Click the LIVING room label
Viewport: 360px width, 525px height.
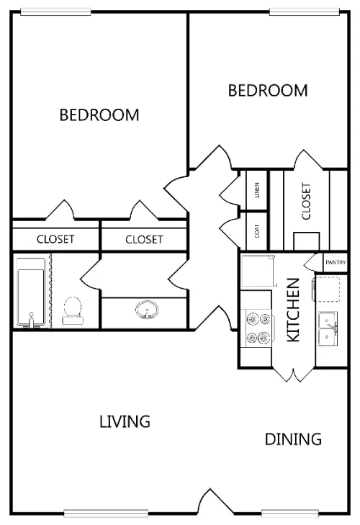[x=125, y=421]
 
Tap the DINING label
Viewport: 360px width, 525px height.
[x=293, y=439]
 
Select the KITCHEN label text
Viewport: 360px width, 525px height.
[x=293, y=310]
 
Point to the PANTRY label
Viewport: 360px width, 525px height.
[x=336, y=262]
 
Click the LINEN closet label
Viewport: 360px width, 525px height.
[x=257, y=190]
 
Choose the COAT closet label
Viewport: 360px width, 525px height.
[x=257, y=231]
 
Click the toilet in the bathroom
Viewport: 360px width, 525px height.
[x=72, y=310]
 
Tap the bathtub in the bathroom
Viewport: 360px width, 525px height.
[x=31, y=292]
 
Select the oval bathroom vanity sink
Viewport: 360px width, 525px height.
[x=147, y=310]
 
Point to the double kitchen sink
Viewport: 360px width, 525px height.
[x=328, y=329]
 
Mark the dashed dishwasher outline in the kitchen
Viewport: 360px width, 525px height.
[x=327, y=289]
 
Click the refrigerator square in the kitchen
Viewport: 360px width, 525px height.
[x=258, y=272]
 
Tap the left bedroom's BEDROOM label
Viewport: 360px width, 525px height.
[x=99, y=115]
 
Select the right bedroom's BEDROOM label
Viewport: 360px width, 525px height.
[x=268, y=91]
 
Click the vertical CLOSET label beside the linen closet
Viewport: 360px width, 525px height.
[x=306, y=201]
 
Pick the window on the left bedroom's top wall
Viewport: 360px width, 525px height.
[x=55, y=12]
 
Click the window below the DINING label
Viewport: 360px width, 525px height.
[x=290, y=513]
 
